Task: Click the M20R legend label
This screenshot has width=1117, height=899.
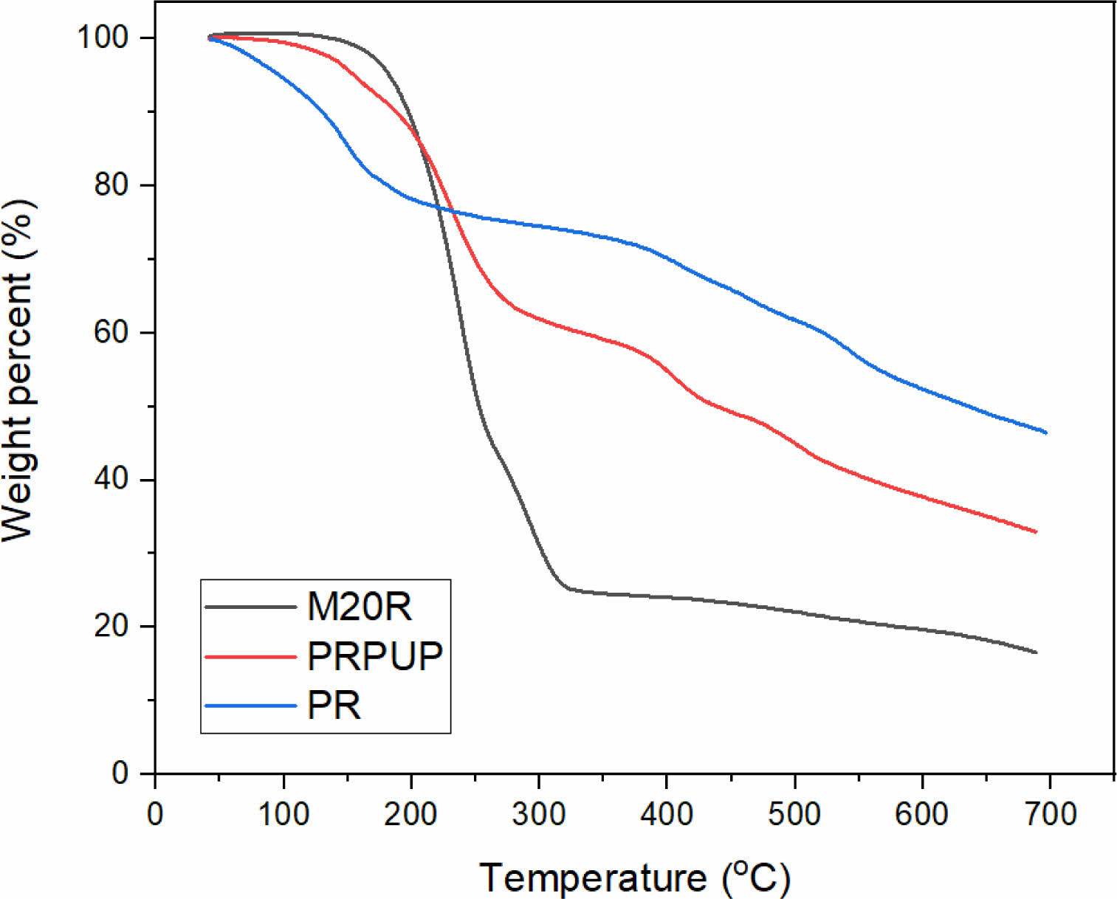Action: [360, 607]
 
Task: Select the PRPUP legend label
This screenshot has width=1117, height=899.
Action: [375, 655]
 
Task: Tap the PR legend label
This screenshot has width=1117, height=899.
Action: [334, 706]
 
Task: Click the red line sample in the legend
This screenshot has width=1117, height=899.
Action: [250, 655]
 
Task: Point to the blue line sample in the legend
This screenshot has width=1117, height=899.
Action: [250, 706]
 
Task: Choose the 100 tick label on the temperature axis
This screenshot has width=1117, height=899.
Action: [283, 814]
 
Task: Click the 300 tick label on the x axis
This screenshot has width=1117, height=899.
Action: [539, 814]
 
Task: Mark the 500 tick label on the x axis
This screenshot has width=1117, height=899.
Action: [794, 814]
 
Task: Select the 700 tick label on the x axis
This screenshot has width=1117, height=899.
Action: [1050, 814]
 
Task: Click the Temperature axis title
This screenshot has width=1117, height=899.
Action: [635, 878]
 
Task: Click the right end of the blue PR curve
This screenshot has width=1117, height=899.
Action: [1045, 433]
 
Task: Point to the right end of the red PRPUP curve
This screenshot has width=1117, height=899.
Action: [1036, 531]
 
